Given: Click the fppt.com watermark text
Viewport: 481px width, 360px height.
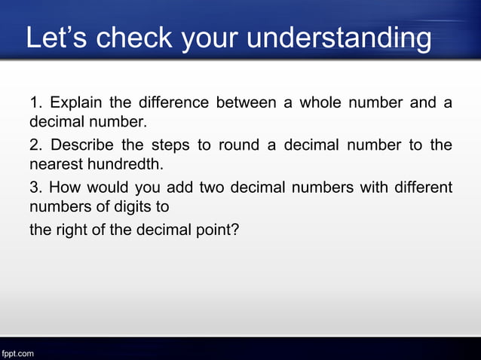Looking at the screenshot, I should point(17,352).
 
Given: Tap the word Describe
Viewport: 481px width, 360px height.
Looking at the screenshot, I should point(79,145).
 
